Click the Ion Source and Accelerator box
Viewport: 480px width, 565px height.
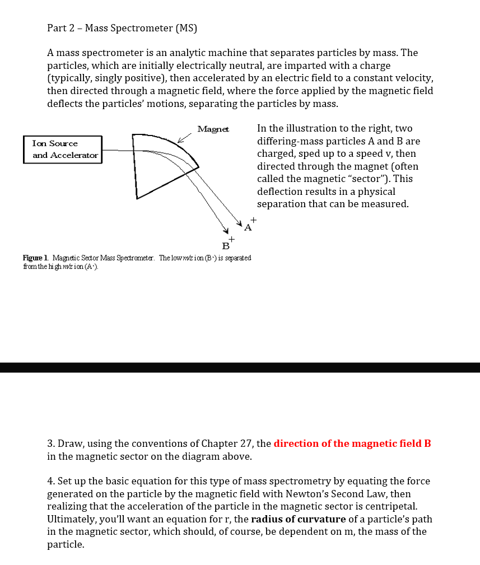[63, 150]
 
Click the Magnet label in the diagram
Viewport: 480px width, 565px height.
[213, 129]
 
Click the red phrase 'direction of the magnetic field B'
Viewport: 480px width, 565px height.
[352, 443]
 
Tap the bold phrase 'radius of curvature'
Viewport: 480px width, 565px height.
[298, 519]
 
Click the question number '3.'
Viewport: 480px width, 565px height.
[51, 443]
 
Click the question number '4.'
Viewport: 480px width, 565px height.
[51, 481]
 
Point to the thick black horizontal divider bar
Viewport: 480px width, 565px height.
[240, 367]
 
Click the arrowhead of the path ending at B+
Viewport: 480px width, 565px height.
[226, 231]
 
